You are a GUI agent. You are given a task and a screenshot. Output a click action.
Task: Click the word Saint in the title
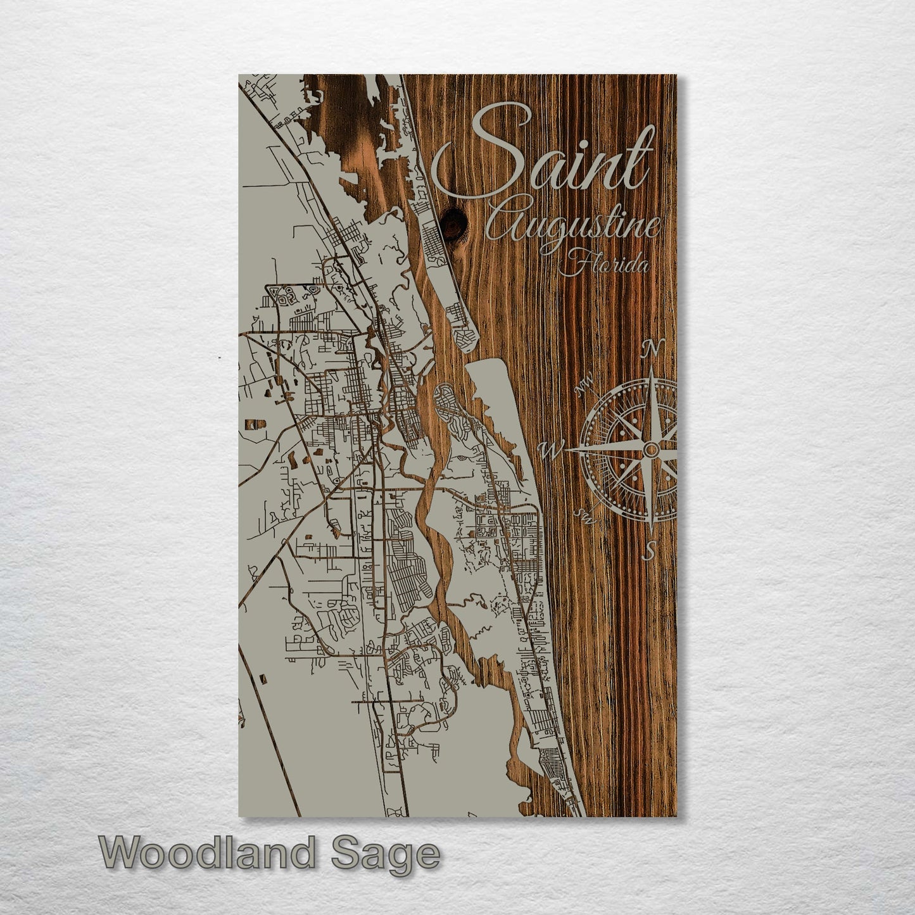(x=545, y=152)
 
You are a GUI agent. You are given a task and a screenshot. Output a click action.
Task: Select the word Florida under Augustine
(x=605, y=264)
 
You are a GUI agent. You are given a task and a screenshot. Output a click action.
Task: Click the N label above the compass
(x=652, y=348)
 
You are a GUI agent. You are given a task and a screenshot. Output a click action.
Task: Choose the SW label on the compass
(x=584, y=517)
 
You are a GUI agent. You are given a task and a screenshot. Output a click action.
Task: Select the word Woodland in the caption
(x=206, y=854)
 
